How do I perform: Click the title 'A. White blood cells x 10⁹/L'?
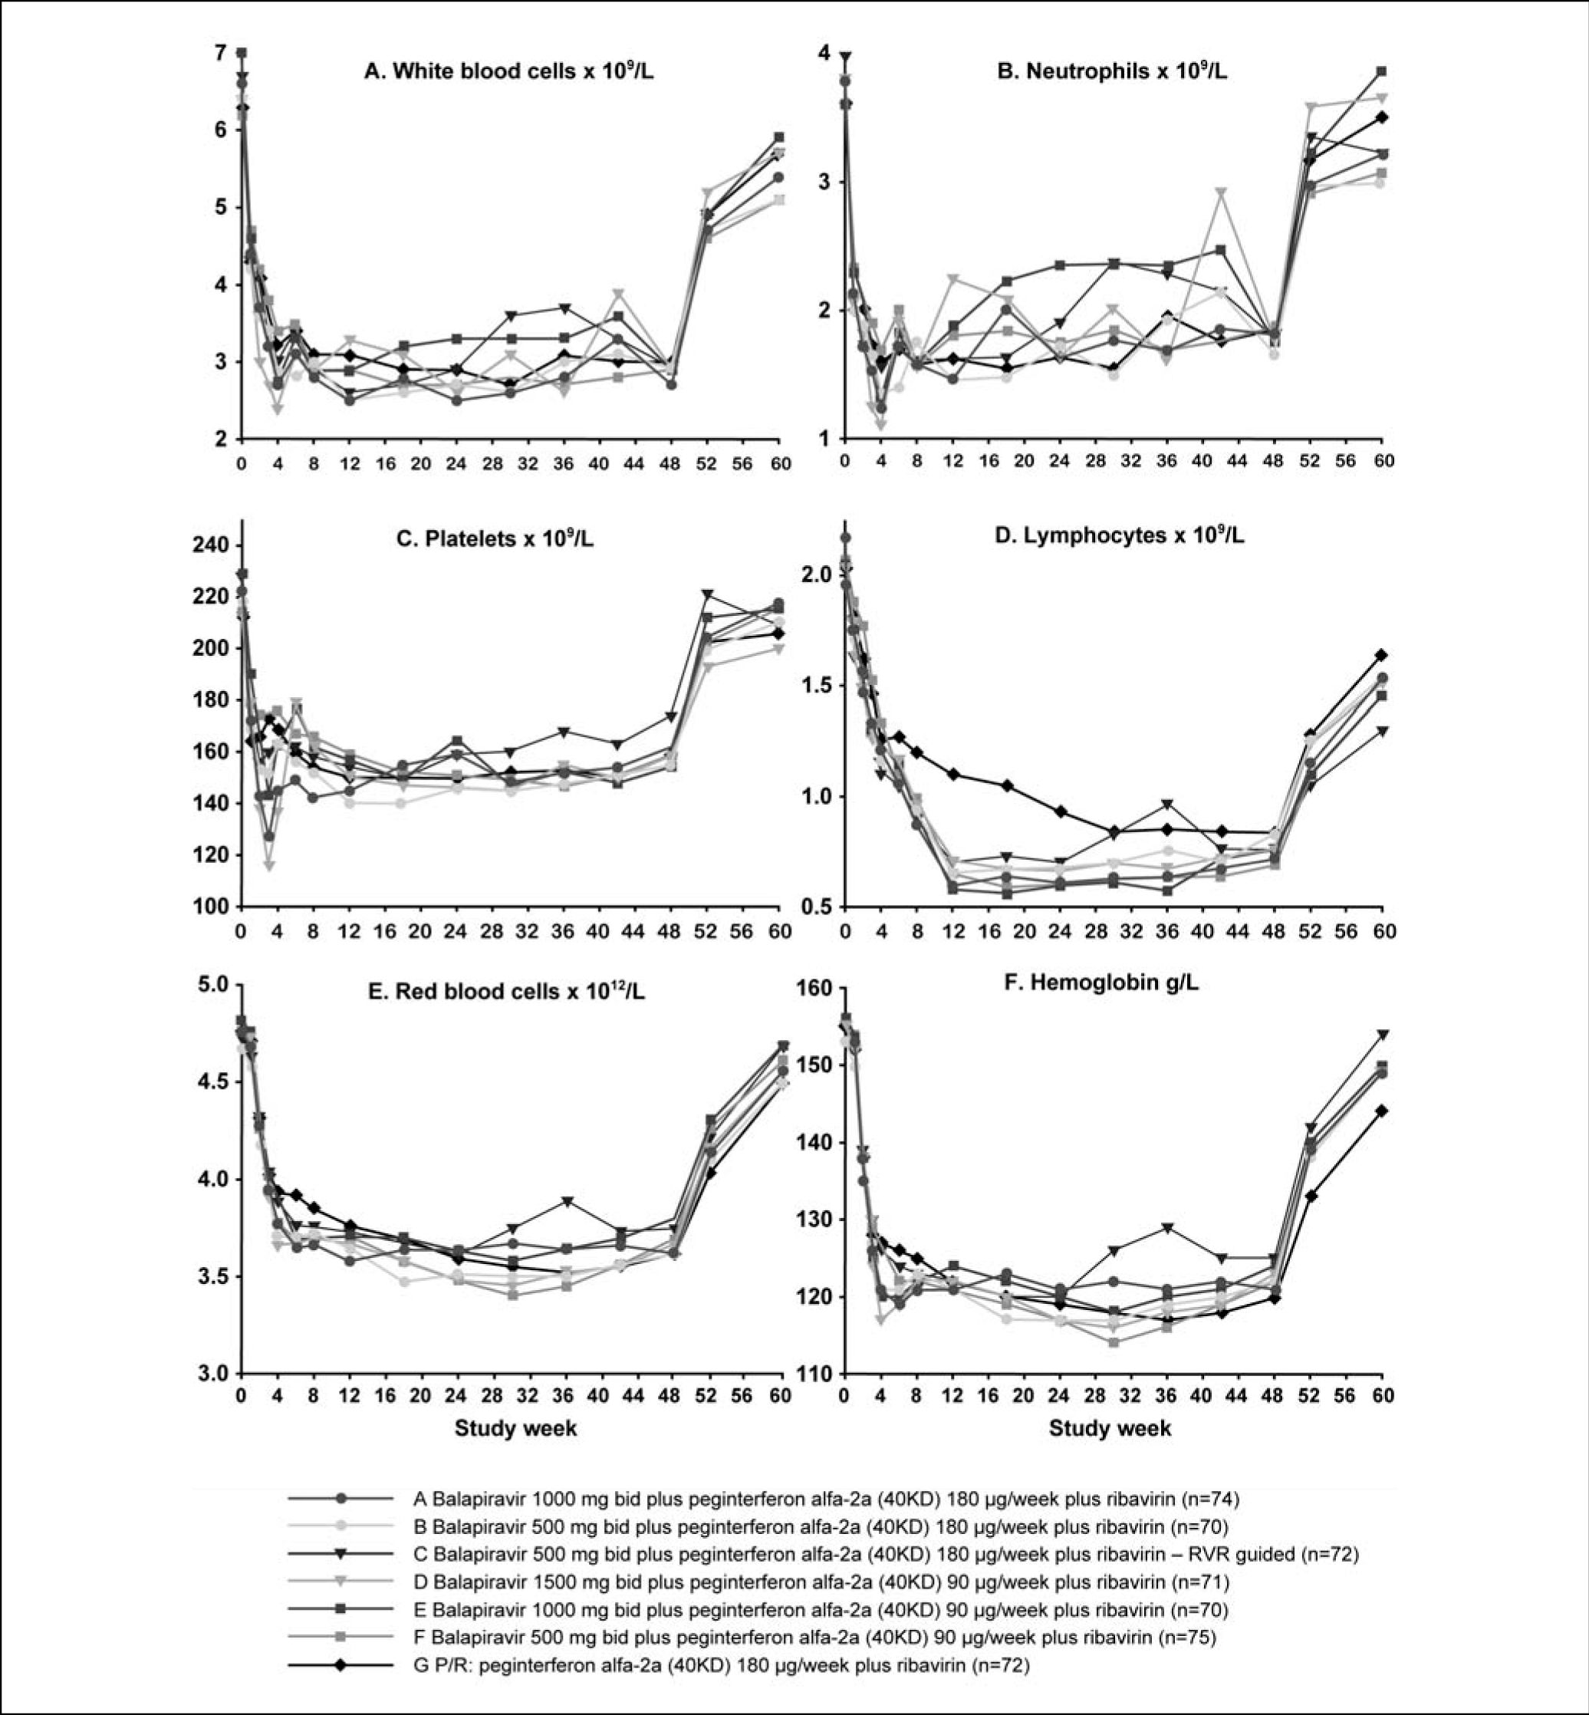tap(508, 71)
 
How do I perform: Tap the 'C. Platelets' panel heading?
tap(495, 539)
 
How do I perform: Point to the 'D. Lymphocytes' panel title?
tap(1119, 536)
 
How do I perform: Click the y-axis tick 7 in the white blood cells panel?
tap(220, 54)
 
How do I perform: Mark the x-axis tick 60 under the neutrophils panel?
tap(1383, 461)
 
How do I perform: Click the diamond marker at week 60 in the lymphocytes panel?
tap(1382, 655)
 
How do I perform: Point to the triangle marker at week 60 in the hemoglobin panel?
tap(1383, 1034)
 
